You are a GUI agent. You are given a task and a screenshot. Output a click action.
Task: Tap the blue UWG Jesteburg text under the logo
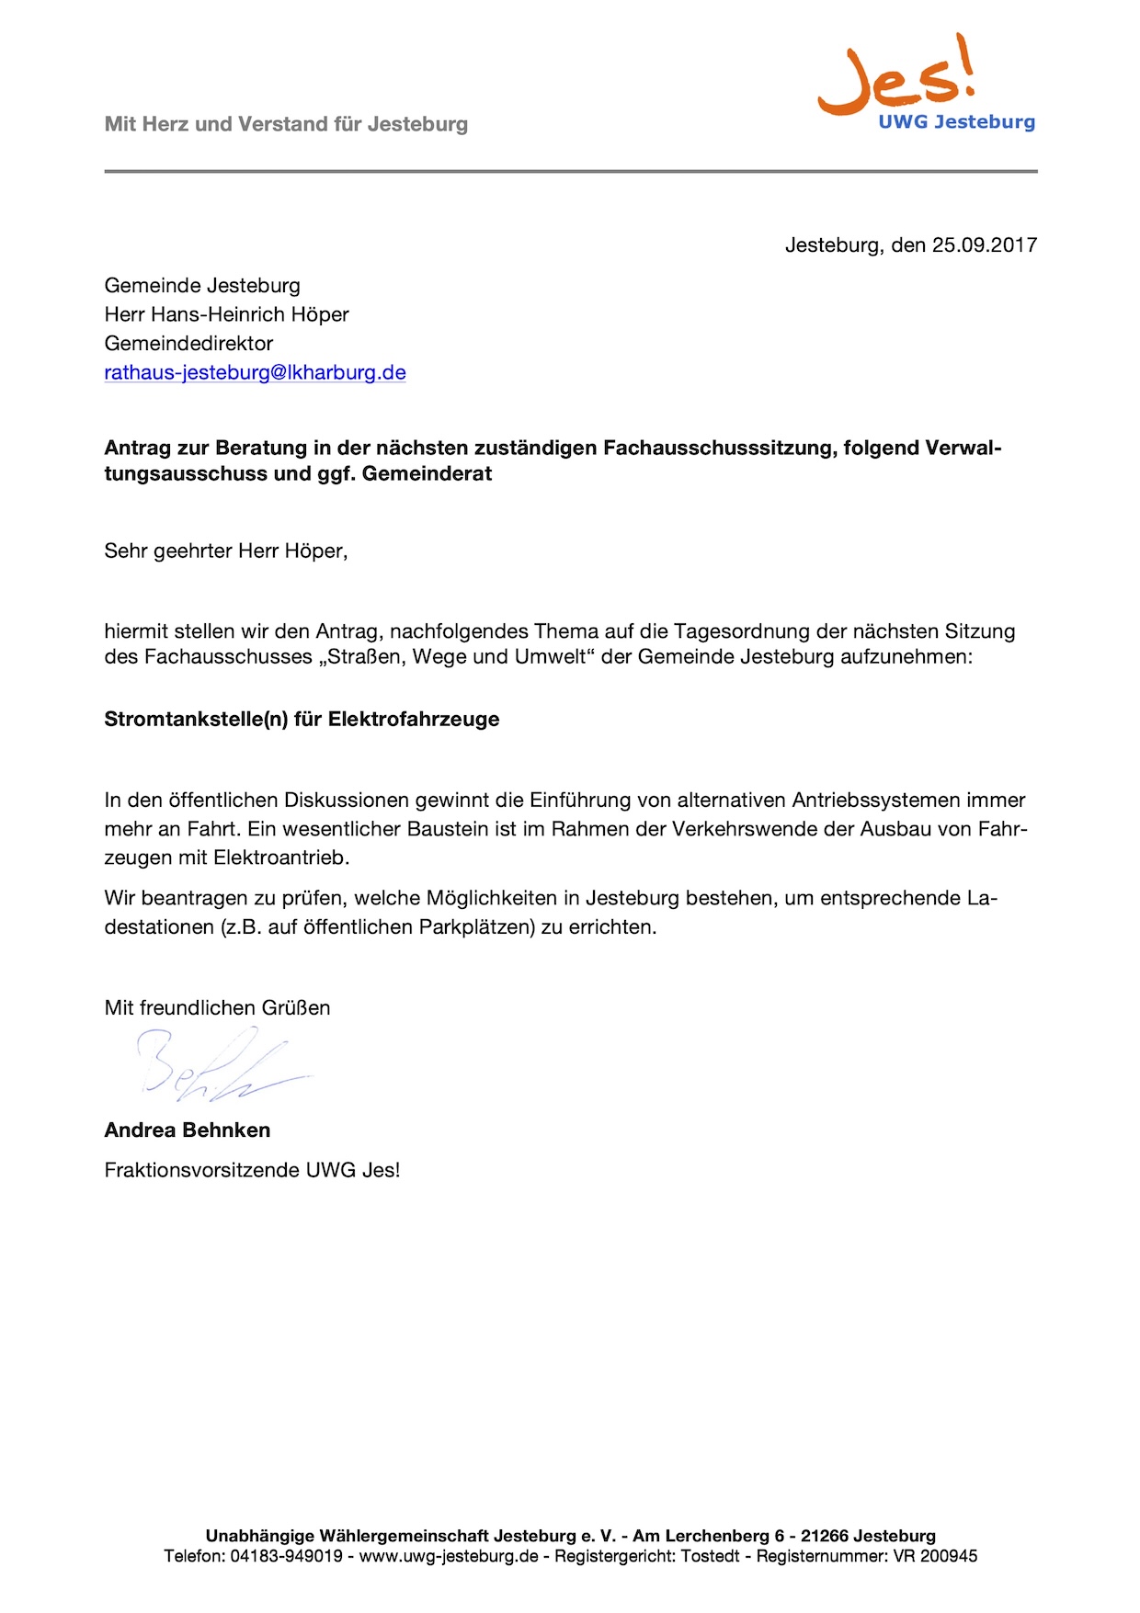[x=956, y=122]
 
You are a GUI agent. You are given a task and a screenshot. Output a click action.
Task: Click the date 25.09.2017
[x=985, y=245]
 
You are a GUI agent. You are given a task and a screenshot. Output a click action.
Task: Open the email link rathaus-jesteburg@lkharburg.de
[x=255, y=373]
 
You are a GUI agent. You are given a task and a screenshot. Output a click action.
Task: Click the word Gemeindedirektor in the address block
[x=188, y=344]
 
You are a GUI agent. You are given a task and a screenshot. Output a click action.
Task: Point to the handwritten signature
[x=216, y=1066]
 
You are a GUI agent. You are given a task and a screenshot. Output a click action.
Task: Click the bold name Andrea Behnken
[x=188, y=1130]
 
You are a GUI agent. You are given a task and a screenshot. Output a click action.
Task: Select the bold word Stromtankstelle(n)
[x=196, y=720]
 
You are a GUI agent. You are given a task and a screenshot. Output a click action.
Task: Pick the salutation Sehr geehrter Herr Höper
[x=225, y=551]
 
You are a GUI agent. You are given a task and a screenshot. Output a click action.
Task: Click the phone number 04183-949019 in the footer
[x=286, y=1557]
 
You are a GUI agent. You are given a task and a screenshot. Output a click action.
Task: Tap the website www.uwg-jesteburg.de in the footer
[x=449, y=1557]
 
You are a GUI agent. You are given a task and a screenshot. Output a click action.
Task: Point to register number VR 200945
[x=935, y=1557]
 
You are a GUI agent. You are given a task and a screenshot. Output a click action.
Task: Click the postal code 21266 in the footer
[x=825, y=1536]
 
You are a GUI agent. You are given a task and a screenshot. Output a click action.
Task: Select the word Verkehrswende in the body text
[x=736, y=829]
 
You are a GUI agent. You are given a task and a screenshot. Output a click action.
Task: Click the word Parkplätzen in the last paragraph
[x=477, y=927]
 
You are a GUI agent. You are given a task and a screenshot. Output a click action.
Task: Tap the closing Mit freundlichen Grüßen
[x=217, y=1008]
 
